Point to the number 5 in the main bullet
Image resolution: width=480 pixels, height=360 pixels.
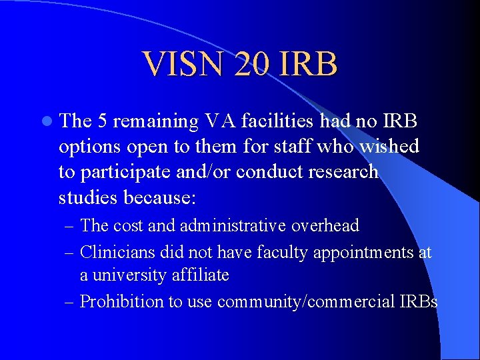point(103,122)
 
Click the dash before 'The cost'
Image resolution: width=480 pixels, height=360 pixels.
point(71,227)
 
